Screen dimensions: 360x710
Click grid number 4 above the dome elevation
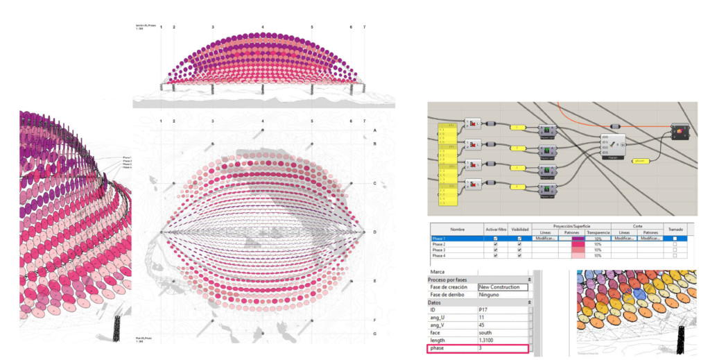pyautogui.click(x=263, y=27)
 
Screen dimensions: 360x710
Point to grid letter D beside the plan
pyautogui.click(x=374, y=232)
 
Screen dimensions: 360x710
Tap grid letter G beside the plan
pyautogui.click(x=374, y=334)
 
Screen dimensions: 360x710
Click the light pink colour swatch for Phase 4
pyautogui.click(x=577, y=257)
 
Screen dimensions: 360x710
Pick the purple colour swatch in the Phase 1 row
pyautogui.click(x=577, y=239)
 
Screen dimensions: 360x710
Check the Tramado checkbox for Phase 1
pyautogui.click(x=675, y=239)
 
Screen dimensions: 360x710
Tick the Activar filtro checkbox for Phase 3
pyautogui.click(x=494, y=250)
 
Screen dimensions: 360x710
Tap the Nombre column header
pyautogui.click(x=457, y=230)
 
